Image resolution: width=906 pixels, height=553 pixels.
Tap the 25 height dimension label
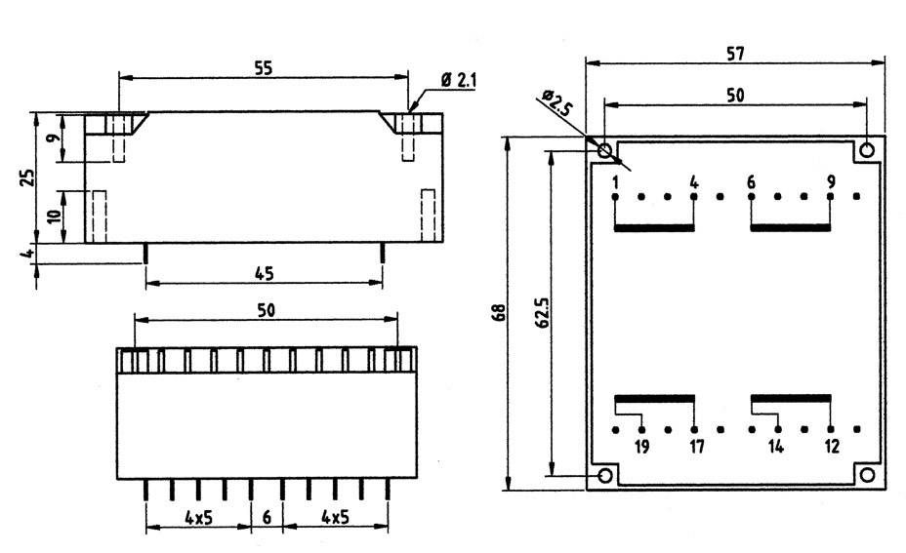click(x=28, y=177)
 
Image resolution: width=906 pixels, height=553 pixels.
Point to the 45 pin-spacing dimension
click(x=264, y=273)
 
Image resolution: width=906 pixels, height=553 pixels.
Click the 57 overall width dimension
click(x=736, y=55)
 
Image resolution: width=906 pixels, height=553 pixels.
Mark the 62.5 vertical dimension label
click(x=544, y=315)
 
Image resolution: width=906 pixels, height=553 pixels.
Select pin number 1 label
click(x=616, y=181)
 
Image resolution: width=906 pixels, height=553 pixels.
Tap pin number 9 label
click(x=831, y=181)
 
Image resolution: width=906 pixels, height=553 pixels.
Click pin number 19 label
click(x=641, y=447)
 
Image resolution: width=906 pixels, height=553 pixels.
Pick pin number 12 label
click(x=831, y=447)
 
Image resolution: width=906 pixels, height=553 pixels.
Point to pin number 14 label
click(x=776, y=447)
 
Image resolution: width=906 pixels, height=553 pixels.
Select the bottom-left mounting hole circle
click(x=605, y=475)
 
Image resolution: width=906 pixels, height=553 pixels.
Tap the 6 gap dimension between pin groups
click(x=267, y=517)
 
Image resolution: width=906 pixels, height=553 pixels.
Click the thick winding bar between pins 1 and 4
click(x=654, y=228)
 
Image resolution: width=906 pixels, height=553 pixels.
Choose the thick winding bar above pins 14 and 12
click(x=791, y=398)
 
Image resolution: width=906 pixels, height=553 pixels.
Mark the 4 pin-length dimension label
click(x=29, y=254)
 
